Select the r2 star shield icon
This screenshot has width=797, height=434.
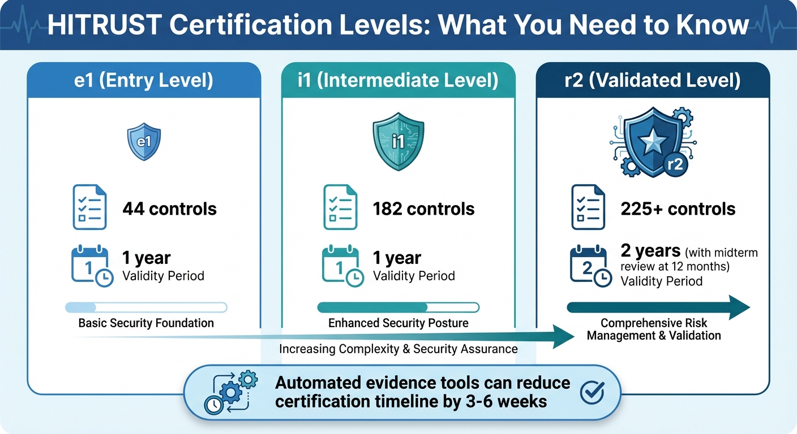coord(652,142)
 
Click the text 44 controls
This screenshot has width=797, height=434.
coord(169,209)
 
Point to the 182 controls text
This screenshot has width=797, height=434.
coord(423,209)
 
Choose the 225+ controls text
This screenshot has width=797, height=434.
coord(678,209)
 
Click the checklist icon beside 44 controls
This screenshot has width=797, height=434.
coord(89,207)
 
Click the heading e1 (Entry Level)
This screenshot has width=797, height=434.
coord(144,80)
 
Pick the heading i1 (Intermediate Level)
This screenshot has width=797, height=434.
coord(398,80)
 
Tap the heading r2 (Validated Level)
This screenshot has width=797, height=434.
coord(653,80)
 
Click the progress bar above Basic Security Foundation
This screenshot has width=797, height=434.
coord(146,307)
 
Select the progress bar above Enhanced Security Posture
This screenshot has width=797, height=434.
coord(398,307)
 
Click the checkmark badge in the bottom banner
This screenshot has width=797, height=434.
coord(592,392)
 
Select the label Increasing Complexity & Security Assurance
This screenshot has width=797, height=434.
coord(398,349)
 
